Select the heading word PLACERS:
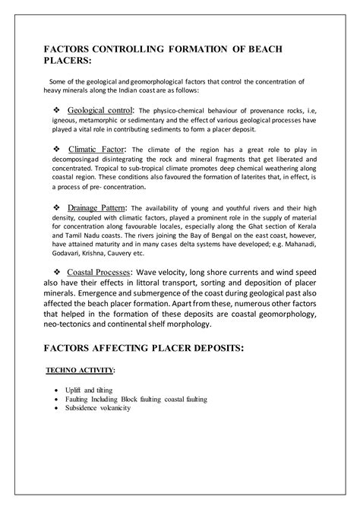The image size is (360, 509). tap(68, 61)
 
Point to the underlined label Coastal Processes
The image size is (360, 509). tap(99, 271)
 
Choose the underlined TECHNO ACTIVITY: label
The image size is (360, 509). tap(79, 370)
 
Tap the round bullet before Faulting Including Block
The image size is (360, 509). tap(58, 399)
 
